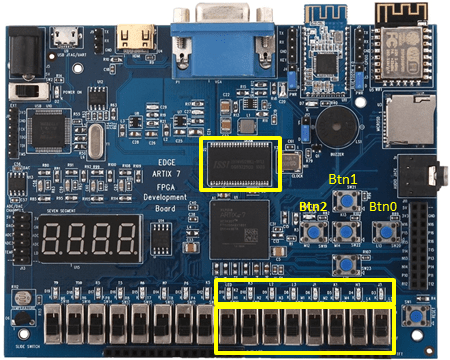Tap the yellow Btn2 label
tap(313, 207)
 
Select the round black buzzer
tap(337, 124)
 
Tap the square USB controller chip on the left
tap(50, 127)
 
